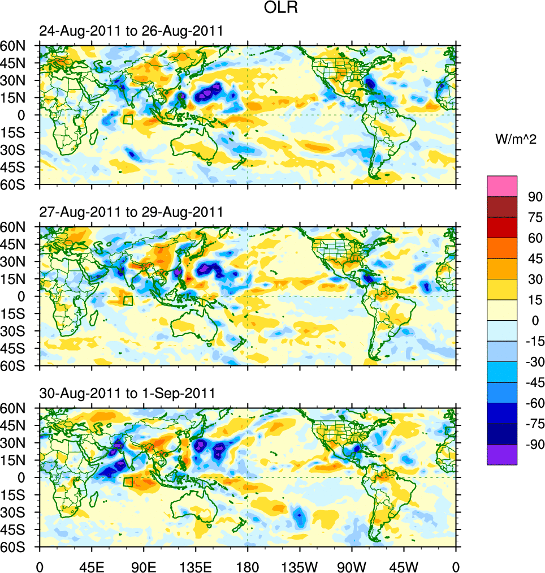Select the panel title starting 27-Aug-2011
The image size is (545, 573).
[x=131, y=212]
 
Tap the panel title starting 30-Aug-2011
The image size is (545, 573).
[x=127, y=393]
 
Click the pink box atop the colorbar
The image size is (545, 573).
[x=502, y=186]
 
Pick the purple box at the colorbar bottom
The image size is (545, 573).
[x=502, y=454]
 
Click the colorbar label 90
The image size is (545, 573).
[x=535, y=197]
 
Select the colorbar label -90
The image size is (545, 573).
[x=533, y=444]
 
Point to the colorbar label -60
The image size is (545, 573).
[x=533, y=403]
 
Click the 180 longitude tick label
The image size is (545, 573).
[x=248, y=566]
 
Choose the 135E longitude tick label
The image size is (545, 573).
[x=196, y=566]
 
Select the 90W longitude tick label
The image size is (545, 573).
[x=352, y=566]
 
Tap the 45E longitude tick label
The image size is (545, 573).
[x=92, y=566]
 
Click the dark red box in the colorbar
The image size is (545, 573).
[x=502, y=207]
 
